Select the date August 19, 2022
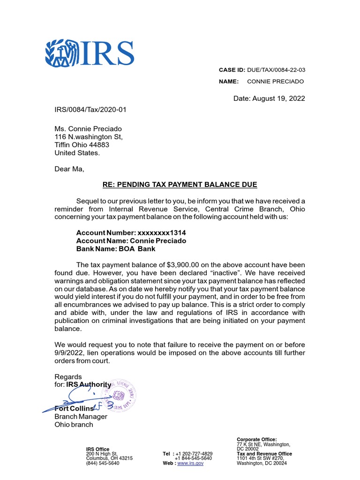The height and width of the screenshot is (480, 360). [269, 98]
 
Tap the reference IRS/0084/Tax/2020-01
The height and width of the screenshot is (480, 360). [90, 110]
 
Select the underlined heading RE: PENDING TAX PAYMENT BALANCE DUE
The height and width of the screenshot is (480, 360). [180, 185]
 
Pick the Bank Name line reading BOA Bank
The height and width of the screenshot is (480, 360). [116, 248]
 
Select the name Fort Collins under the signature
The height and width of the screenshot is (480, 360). [74, 408]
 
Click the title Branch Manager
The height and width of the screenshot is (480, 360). [81, 416]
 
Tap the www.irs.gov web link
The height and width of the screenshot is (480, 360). [190, 463]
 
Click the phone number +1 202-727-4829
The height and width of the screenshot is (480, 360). [194, 454]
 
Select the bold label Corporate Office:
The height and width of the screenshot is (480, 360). [256, 439]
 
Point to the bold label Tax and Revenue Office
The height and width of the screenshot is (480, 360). [264, 454]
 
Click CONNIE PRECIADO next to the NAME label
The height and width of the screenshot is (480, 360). [275, 82]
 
